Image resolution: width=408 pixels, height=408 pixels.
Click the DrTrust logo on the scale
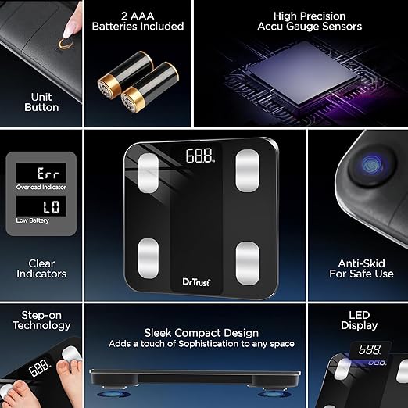(x=196, y=282)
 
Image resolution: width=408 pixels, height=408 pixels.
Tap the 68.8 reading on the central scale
(x=200, y=156)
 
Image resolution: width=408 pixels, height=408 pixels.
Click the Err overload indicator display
(x=41, y=173)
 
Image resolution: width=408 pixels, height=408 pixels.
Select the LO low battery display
(x=41, y=206)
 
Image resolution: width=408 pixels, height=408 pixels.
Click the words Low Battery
(x=33, y=220)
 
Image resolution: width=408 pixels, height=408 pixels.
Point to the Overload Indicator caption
(x=41, y=187)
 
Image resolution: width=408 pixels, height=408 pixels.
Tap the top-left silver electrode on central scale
(x=149, y=173)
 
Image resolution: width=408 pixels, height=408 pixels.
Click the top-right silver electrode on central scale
(x=247, y=170)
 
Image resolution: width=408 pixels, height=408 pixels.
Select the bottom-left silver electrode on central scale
(x=149, y=259)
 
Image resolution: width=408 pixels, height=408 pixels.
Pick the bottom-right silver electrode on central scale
(x=248, y=263)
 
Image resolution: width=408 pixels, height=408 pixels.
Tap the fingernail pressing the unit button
(x=68, y=30)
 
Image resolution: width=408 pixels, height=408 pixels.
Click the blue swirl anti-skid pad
(x=371, y=165)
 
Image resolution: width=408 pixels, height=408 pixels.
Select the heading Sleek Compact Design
(x=202, y=333)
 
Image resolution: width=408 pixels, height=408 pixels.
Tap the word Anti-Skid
(x=361, y=263)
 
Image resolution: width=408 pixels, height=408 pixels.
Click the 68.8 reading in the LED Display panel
(x=370, y=349)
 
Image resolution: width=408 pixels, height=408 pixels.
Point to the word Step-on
(x=41, y=315)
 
